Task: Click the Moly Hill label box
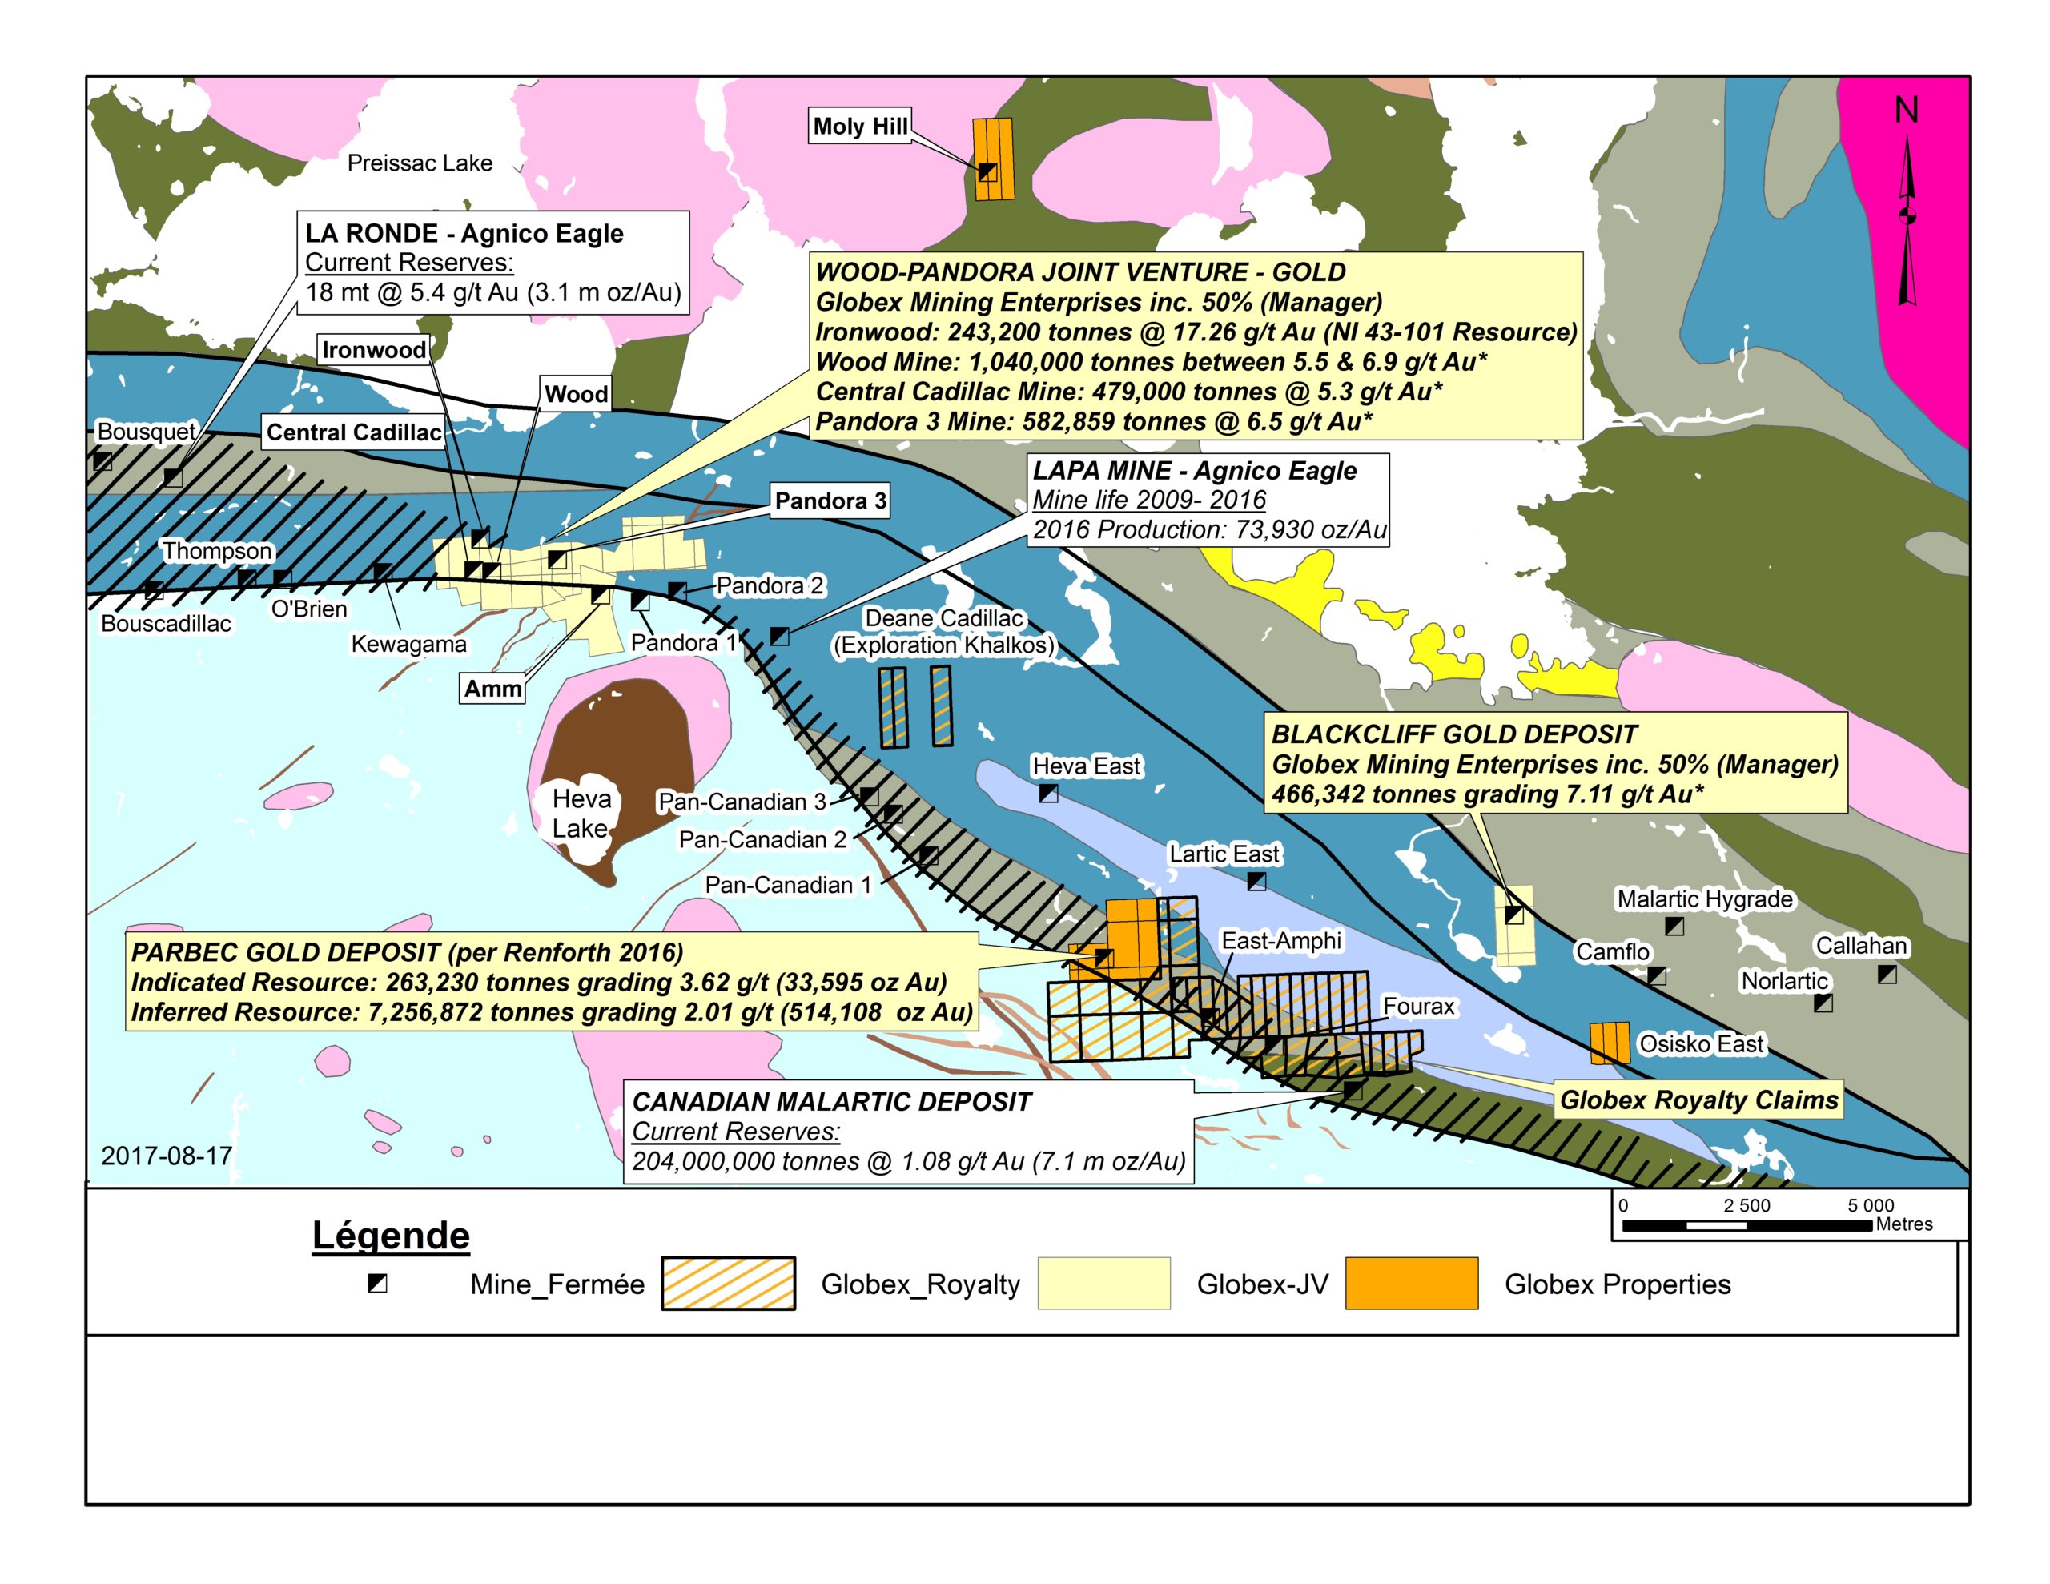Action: pos(860,126)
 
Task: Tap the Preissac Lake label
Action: pos(420,163)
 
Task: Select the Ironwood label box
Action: pos(374,349)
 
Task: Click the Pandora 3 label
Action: pos(830,501)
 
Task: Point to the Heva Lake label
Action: pos(581,813)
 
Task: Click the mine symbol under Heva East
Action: pos(1048,794)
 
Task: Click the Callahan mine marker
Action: pos(1887,975)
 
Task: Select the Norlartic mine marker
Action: pos(1823,1003)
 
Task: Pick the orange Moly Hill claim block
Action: pos(994,159)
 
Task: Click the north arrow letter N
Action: pos(1905,111)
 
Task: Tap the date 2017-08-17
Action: pos(166,1155)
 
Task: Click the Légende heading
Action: pos(391,1236)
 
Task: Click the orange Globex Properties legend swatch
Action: pos(1411,1283)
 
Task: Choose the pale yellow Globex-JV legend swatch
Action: pos(1103,1283)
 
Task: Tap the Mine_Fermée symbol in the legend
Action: pos(377,1283)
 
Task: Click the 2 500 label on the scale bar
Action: pos(1746,1205)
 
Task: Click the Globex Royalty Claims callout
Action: pos(1698,1100)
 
